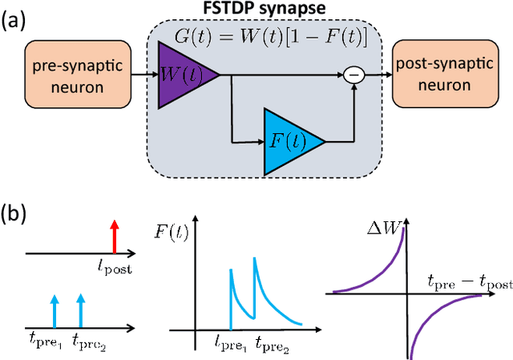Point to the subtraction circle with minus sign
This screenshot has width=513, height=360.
pyautogui.click(x=353, y=76)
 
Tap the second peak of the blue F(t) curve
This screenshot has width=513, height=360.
pyautogui.click(x=255, y=259)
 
